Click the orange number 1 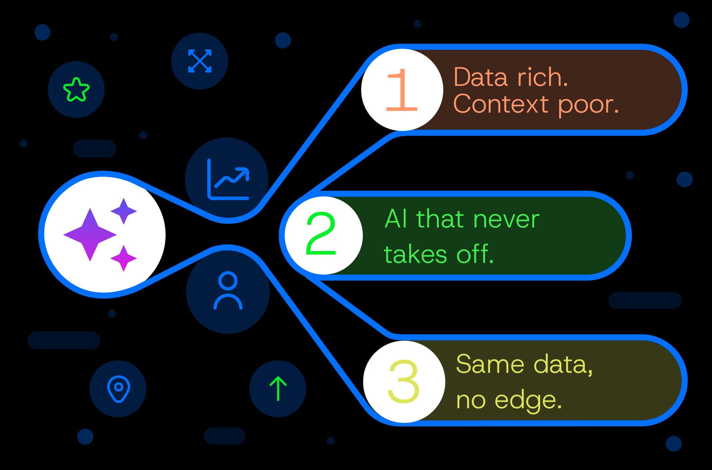(402, 90)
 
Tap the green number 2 (321, 233)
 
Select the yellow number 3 (404, 381)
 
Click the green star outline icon (76, 90)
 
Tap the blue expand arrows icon (200, 61)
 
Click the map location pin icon (118, 389)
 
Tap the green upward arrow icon (278, 388)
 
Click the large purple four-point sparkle (90, 234)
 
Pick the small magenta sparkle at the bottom (124, 258)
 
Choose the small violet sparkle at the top (124, 211)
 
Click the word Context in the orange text (501, 104)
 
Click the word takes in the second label (415, 255)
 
